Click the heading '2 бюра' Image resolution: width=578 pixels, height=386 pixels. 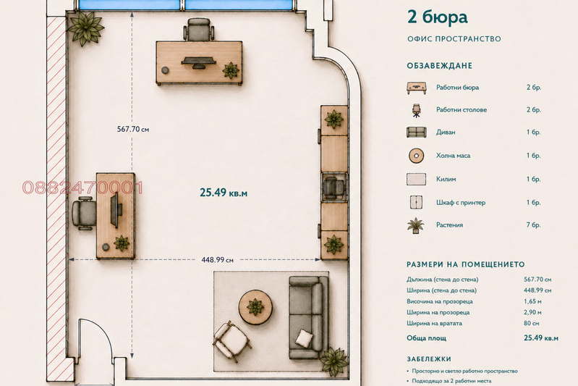coord(437,17)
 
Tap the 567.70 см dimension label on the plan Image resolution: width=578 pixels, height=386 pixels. coord(133,129)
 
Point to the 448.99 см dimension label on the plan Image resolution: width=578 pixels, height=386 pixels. coord(217,260)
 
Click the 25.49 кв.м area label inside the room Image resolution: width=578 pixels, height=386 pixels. coord(224,193)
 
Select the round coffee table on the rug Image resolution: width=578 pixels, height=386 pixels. coord(255,307)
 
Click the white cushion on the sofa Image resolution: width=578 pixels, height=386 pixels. coord(304,338)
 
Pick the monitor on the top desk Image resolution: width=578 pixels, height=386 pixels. coord(198,63)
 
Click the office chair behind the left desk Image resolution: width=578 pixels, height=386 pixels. coord(84,214)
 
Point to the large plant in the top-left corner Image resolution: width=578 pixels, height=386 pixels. coord(85,28)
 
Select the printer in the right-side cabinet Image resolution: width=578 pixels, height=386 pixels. coord(334,187)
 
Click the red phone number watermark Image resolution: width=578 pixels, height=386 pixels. coord(82,188)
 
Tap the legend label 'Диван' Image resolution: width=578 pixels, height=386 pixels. coord(446,132)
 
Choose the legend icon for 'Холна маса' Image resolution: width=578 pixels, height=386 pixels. coord(416,156)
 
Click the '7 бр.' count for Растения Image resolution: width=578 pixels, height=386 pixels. coord(533,225)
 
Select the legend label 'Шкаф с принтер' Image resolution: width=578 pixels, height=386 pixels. coord(461,203)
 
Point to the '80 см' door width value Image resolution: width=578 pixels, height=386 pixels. coord(531,323)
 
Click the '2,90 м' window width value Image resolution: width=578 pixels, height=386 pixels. coord(532,313)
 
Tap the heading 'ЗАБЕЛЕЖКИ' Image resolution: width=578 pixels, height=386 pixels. coord(429,359)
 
